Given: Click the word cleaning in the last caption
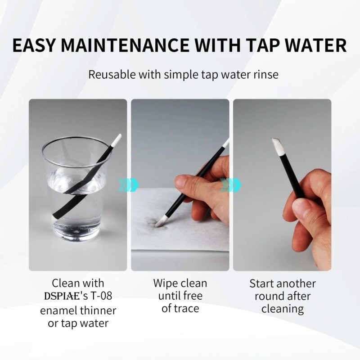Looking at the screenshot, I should [283, 309].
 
